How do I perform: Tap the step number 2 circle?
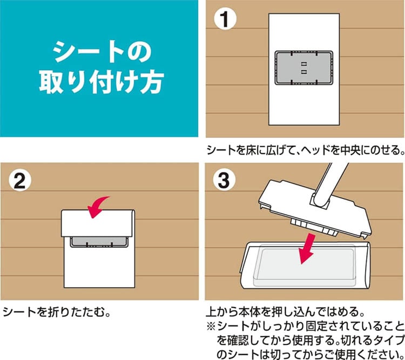click(x=20, y=180)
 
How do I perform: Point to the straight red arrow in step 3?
click(x=307, y=248)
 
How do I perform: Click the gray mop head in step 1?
click(x=303, y=68)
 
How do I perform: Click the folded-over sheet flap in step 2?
click(x=98, y=223)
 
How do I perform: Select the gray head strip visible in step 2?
click(x=99, y=242)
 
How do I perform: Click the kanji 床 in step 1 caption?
click(x=252, y=150)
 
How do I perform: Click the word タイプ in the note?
click(x=388, y=341)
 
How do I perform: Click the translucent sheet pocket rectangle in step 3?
click(x=304, y=265)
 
